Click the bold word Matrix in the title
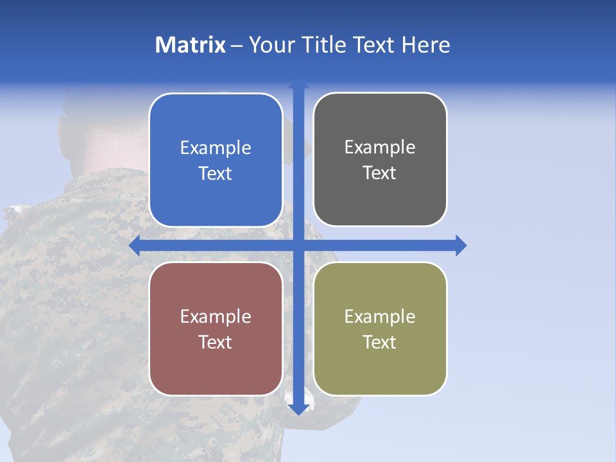[x=191, y=45]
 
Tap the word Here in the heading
[x=425, y=45]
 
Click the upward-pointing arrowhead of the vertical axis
[x=298, y=83]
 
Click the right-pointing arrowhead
[x=461, y=245]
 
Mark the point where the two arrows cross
[x=298, y=245]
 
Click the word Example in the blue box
[x=216, y=148]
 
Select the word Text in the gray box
[x=380, y=173]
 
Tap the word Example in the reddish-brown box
[x=216, y=316]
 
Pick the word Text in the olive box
[x=380, y=342]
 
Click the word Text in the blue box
[x=216, y=173]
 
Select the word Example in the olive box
[x=380, y=316]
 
